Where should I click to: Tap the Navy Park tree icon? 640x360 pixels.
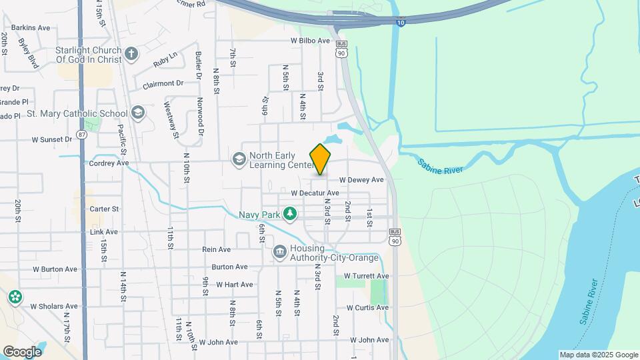pos(289,214)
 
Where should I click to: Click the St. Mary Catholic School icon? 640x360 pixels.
pos(138,113)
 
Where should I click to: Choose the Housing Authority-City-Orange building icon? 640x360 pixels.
pos(279,252)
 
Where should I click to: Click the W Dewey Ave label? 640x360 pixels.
pos(361,180)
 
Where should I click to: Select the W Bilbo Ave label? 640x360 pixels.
pos(310,41)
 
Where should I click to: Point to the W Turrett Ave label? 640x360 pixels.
pos(366,276)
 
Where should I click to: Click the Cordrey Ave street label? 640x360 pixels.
pos(109,163)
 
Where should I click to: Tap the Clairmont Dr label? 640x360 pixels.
pos(163,84)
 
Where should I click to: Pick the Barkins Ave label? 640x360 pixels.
pos(31,28)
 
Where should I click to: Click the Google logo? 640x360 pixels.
pos(22,352)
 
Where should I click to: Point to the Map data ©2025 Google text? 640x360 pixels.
pos(599,355)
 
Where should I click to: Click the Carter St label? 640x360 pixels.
pos(104,209)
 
